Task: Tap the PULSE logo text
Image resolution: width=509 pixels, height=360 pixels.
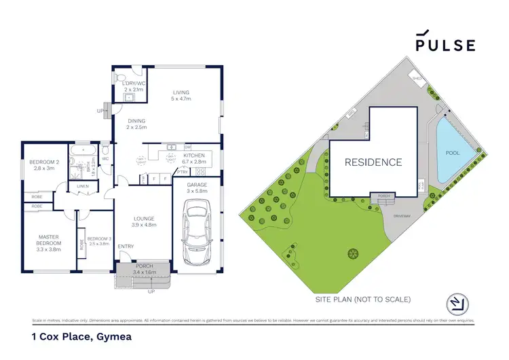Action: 445,45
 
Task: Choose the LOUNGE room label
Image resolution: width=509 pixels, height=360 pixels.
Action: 143,219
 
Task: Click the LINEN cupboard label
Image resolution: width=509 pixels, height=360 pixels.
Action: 83,185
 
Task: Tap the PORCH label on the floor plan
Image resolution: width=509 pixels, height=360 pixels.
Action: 144,266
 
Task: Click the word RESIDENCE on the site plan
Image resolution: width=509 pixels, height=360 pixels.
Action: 373,162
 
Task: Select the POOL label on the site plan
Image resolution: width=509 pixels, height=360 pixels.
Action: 452,154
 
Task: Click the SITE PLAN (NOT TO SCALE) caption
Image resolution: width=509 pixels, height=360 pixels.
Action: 362,299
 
